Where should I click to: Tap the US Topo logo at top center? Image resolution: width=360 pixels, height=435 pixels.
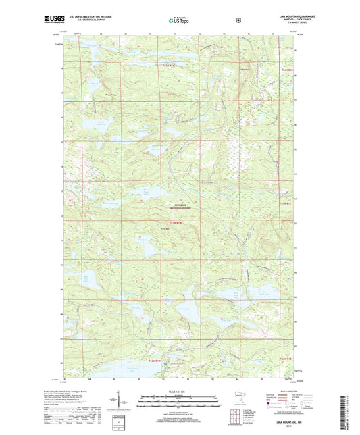click(180, 20)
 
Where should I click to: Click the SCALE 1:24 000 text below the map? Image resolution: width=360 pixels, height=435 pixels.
click(180, 392)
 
